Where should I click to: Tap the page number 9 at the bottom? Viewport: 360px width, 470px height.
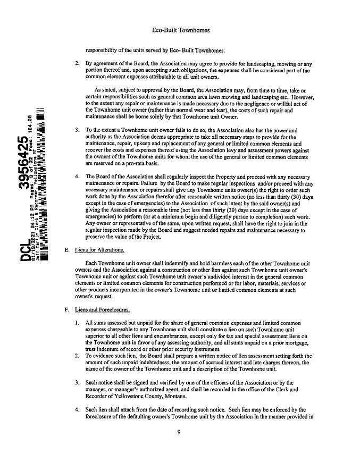click(x=180, y=447)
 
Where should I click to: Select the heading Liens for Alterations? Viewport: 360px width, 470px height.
click(x=101, y=250)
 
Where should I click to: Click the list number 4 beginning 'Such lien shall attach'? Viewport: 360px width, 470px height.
click(x=77, y=410)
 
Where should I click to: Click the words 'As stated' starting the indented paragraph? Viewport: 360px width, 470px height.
click(x=105, y=91)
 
